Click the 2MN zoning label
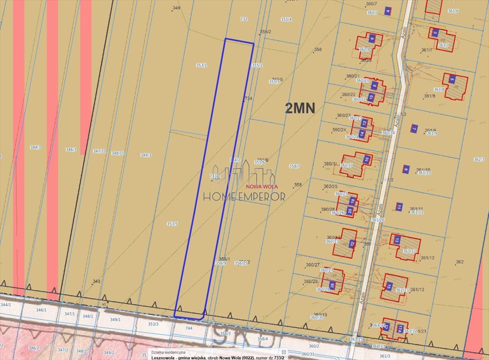pos(300,108)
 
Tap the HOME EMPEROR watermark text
pos(244,196)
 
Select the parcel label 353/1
pos(201,66)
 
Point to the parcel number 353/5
pos(172,224)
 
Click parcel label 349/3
pos(146,155)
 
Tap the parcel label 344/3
pos(36,147)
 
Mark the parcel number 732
pos(244,19)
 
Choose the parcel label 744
pos(189,329)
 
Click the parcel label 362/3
pos(479,159)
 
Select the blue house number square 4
pos(387,11)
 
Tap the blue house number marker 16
pos(367,159)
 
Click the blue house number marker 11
pos(399,206)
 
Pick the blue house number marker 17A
pos(400,328)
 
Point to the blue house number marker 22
pos(352,244)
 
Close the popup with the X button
pos(283,352)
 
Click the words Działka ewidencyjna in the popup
pos(168,352)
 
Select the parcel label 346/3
pos(70,150)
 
